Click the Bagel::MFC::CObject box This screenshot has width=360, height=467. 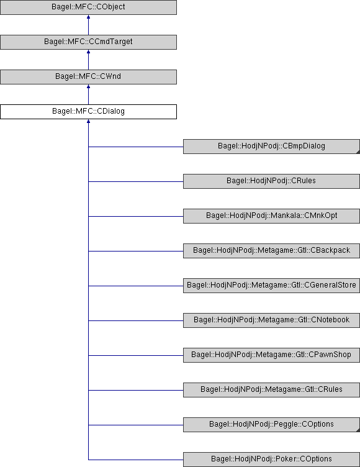(88, 7)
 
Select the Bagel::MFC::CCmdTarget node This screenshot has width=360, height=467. (88, 42)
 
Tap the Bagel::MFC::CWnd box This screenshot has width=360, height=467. (88, 77)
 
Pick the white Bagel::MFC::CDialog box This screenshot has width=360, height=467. (88, 112)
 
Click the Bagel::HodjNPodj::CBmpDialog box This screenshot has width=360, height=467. (271, 147)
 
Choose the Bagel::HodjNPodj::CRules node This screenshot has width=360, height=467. (271, 181)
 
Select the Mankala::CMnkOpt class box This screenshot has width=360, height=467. (271, 216)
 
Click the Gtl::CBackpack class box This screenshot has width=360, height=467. (271, 251)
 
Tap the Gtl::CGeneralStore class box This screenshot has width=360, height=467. (271, 286)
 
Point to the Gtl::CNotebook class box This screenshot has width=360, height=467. (271, 320)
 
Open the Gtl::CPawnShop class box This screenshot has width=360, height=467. (271, 355)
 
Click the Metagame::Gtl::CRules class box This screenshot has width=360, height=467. (271, 390)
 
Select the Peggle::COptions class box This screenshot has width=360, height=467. (271, 425)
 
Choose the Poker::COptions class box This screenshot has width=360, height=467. (271, 460)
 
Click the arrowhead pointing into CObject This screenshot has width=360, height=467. (88, 17)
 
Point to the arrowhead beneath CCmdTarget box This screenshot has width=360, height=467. (88, 52)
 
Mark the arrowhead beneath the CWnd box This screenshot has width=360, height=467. (88, 87)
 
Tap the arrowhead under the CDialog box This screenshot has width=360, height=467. (88, 122)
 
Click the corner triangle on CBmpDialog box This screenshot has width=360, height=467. (358, 152)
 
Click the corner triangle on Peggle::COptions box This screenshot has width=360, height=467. (358, 430)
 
